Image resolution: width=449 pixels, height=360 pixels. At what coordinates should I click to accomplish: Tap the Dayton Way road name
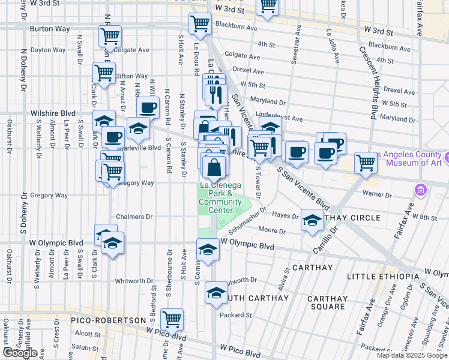pyautogui.click(x=47, y=50)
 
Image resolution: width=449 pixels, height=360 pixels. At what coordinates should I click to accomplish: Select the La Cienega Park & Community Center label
pyautogui.click(x=215, y=197)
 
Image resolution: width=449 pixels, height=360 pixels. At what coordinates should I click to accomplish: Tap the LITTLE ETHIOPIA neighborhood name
pyautogui.click(x=381, y=276)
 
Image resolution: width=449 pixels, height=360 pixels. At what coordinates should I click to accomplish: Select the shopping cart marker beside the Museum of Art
pyautogui.click(x=366, y=161)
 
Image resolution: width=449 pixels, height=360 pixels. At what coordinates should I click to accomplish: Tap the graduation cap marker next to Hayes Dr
pyautogui.click(x=312, y=220)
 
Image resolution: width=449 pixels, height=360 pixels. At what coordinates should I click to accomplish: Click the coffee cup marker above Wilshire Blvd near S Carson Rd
pyautogui.click(x=147, y=109)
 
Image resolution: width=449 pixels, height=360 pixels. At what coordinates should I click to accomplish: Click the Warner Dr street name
pyautogui.click(x=378, y=193)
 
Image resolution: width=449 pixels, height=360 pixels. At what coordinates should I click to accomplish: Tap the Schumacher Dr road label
pyautogui.click(x=246, y=217)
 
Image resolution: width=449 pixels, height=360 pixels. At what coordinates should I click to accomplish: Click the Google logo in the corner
pyautogui.click(x=20, y=353)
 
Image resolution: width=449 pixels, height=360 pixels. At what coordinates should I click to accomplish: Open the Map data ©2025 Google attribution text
pyautogui.click(x=412, y=355)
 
